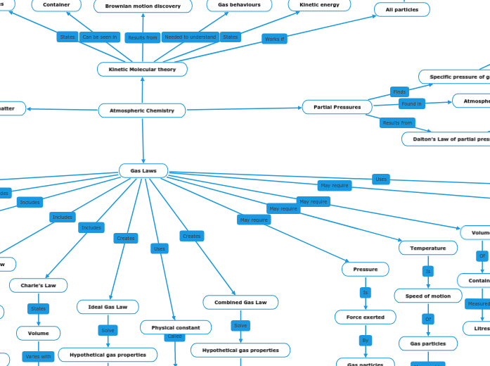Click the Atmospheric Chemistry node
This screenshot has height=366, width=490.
click(x=142, y=111)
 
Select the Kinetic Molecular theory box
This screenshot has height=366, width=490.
click(x=142, y=69)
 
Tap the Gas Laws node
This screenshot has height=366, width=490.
click(x=143, y=170)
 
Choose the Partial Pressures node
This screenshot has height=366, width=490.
click(x=337, y=107)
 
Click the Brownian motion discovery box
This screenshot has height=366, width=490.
click(x=143, y=6)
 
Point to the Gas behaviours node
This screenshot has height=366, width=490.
click(x=239, y=5)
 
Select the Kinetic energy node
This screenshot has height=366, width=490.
click(x=319, y=5)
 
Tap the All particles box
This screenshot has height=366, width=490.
click(x=401, y=10)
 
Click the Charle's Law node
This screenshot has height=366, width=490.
click(x=38, y=285)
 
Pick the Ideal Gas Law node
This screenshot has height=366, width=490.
click(x=108, y=307)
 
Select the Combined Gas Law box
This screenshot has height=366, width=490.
click(x=240, y=302)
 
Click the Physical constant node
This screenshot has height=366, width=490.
click(x=175, y=327)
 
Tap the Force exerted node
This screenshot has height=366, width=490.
click(x=365, y=317)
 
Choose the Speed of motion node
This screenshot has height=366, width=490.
click(x=427, y=296)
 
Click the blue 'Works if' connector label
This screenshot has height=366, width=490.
click(x=274, y=39)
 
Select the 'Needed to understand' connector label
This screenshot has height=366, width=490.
click(x=190, y=37)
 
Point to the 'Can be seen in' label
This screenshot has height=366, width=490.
click(x=100, y=37)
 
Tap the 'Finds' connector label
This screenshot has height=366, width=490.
click(x=399, y=92)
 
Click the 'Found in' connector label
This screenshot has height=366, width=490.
click(x=412, y=103)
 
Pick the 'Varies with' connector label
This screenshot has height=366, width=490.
click(x=38, y=356)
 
